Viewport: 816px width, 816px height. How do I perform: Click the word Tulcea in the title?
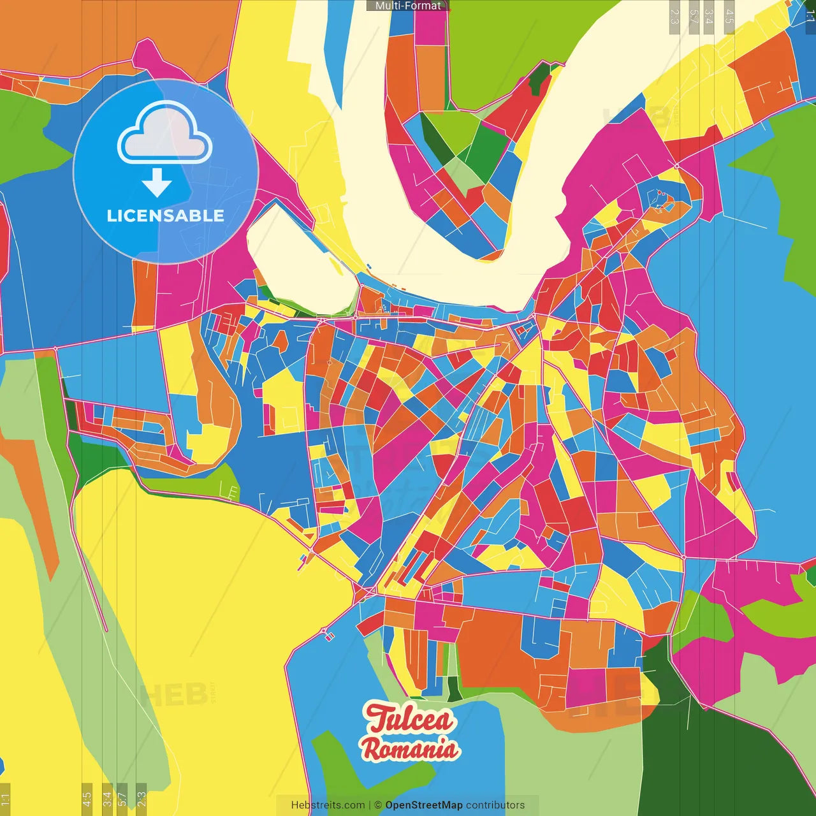[x=409, y=718]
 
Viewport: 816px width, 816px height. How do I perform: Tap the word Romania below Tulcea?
[x=409, y=748]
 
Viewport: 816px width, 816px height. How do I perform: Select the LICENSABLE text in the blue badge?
[x=165, y=216]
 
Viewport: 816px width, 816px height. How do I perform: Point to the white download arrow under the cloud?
[x=157, y=182]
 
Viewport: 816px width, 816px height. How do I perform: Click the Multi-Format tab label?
[x=408, y=6]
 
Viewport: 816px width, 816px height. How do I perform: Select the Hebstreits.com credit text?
[x=328, y=805]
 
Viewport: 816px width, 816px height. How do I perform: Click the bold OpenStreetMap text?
[x=423, y=805]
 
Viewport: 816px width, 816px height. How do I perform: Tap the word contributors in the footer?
[x=495, y=805]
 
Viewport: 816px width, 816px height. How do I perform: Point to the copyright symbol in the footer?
[x=378, y=805]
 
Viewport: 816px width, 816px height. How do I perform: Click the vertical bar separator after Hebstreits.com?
[x=370, y=805]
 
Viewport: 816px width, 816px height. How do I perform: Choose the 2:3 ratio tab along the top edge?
[x=674, y=17]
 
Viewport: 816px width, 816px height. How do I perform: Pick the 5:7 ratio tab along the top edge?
[x=694, y=17]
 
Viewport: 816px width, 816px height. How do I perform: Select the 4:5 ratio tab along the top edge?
[x=729, y=17]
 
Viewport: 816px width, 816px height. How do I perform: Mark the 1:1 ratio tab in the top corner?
[x=810, y=17]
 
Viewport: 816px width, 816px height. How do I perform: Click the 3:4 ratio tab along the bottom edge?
[x=107, y=798]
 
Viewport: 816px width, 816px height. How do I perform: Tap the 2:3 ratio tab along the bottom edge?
[x=141, y=798]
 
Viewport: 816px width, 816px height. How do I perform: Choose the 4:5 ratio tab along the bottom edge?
[x=87, y=798]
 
